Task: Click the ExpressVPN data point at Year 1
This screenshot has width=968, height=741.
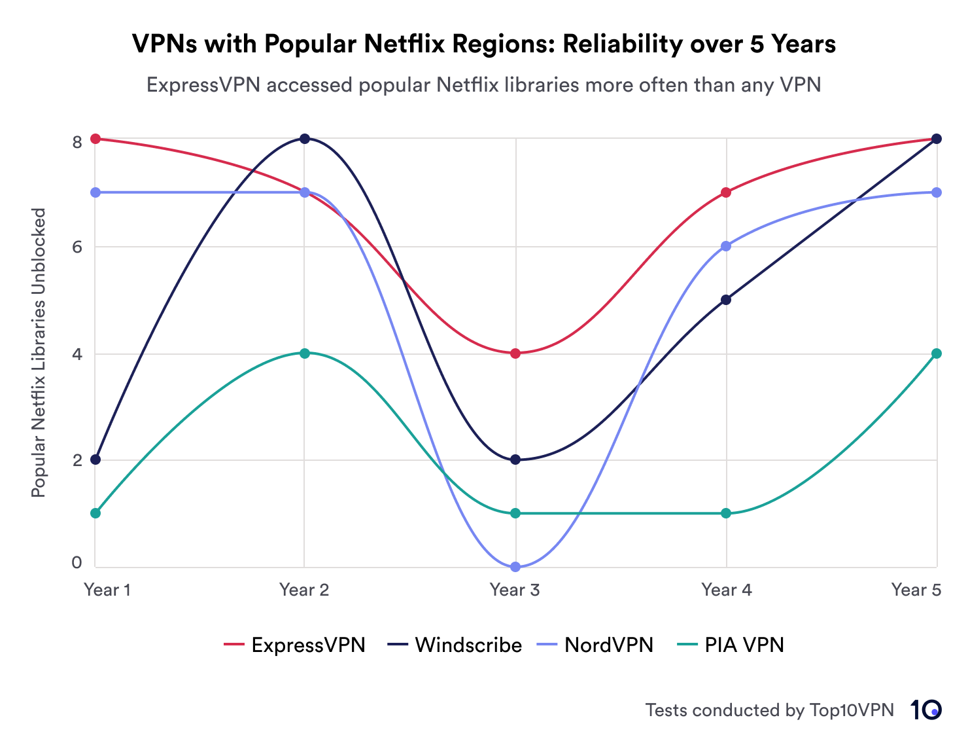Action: point(95,139)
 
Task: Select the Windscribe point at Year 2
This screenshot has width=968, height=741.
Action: point(305,139)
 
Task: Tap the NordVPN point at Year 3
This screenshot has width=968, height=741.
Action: point(515,567)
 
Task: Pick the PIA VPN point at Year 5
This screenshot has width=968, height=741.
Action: point(937,353)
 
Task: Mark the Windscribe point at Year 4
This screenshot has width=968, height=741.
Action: point(726,300)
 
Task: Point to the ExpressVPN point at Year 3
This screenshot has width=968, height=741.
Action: point(515,353)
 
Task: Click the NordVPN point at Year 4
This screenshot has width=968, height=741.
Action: point(726,246)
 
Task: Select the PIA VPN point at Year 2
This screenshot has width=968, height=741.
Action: point(305,353)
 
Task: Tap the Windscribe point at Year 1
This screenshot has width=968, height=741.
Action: point(95,460)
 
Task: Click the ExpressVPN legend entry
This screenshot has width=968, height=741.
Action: point(295,645)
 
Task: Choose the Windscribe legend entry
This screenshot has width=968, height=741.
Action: point(455,645)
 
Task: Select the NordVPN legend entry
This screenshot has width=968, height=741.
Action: point(595,645)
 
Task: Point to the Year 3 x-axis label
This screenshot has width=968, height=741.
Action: point(515,590)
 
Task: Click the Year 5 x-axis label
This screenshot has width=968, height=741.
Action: point(916,590)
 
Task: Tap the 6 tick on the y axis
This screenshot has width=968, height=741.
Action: point(77,247)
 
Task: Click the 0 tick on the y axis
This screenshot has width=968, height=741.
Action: point(77,562)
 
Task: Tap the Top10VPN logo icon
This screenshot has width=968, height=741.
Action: point(926,710)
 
